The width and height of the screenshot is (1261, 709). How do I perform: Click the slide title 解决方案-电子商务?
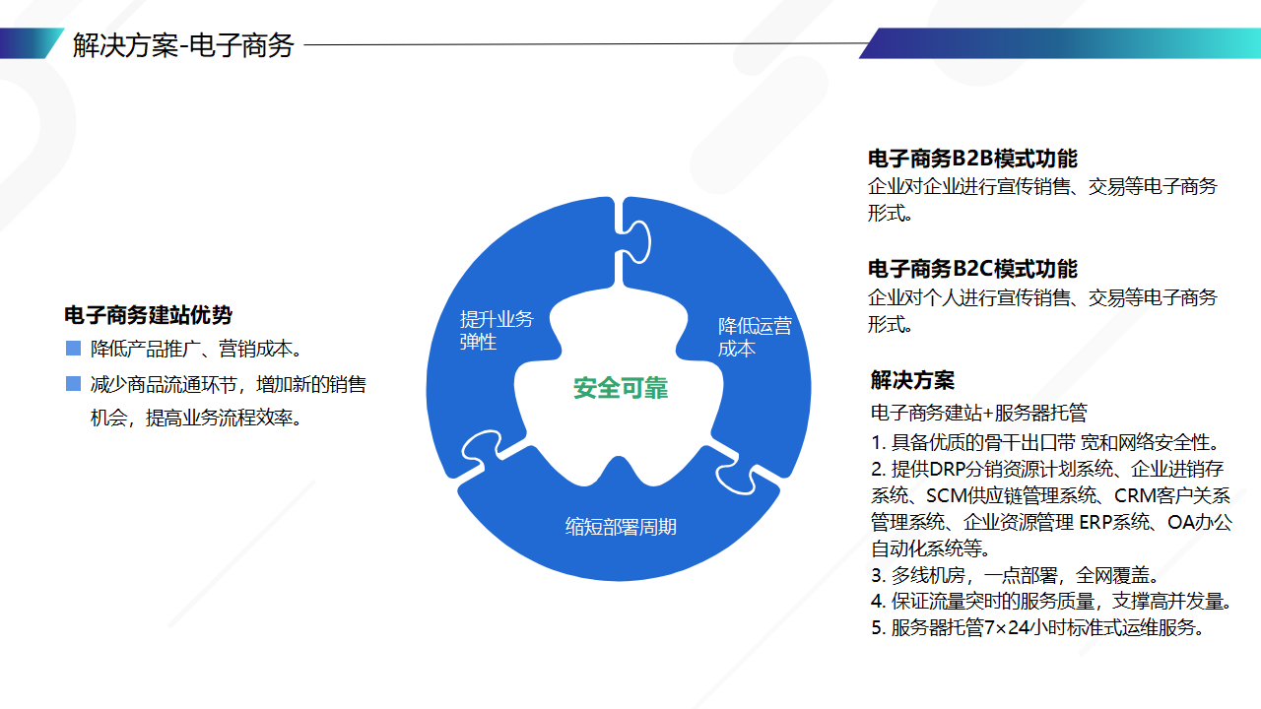coord(183,45)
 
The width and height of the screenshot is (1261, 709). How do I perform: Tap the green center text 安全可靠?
coord(621,388)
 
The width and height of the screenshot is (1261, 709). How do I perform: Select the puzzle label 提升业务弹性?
coord(497,330)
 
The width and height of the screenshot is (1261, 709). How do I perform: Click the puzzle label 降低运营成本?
coord(755,337)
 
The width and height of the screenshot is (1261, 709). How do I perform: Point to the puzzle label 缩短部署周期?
coord(621,527)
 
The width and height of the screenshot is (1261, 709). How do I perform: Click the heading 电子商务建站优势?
coord(148,314)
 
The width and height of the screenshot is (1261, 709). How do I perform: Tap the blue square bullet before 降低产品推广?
coord(73,349)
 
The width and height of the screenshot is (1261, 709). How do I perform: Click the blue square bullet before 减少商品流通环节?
coord(73,384)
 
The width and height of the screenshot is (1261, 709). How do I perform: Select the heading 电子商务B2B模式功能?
coord(972,159)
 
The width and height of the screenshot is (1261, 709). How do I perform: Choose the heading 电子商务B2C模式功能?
coord(972,269)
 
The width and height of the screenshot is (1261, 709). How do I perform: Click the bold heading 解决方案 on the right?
coord(912,380)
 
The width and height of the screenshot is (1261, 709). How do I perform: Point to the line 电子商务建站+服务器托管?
coord(978,413)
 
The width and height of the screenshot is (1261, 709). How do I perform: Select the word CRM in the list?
coord(1133,495)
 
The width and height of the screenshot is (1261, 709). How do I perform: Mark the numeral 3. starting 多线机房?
coord(878,575)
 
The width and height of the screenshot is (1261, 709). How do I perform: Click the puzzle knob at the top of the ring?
coord(636,242)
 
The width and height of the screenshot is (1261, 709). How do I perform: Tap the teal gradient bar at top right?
coord(1059,43)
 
